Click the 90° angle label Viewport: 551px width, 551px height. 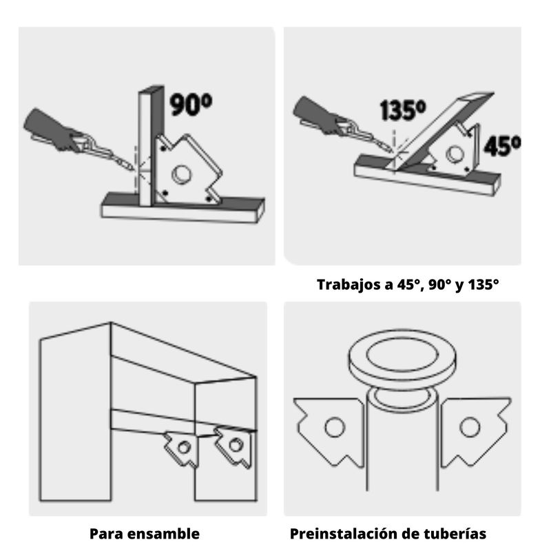pyautogui.click(x=191, y=105)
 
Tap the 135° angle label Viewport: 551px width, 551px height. pyautogui.click(x=403, y=110)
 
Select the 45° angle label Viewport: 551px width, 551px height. pyautogui.click(x=502, y=146)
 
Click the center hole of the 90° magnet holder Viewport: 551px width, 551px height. pyautogui.click(x=182, y=175)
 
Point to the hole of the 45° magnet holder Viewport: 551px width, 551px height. pyautogui.click(x=455, y=154)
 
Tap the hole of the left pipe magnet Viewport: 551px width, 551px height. pyautogui.click(x=335, y=427)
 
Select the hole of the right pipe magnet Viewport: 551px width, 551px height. pyautogui.click(x=470, y=427)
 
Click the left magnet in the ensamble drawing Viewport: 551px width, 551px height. pyautogui.click(x=182, y=448)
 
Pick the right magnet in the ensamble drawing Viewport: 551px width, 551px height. pyautogui.click(x=234, y=446)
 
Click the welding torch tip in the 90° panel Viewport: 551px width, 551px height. pyautogui.click(x=132, y=169)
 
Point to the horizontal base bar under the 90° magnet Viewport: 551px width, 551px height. pyautogui.click(x=183, y=209)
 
